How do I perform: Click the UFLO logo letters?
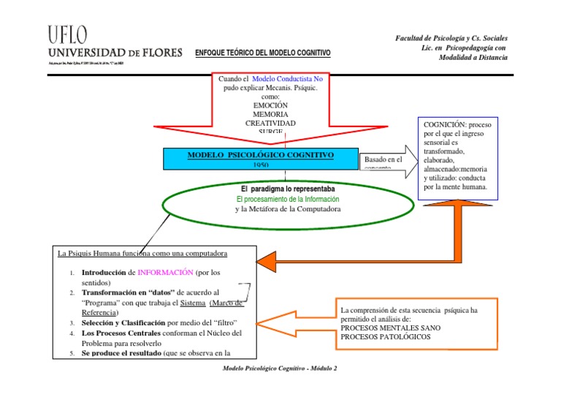click(x=67, y=35)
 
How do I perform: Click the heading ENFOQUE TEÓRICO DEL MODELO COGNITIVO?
click(x=263, y=53)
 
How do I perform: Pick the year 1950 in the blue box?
click(x=261, y=165)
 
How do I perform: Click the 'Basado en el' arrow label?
click(x=383, y=159)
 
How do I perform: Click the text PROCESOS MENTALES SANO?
click(x=390, y=328)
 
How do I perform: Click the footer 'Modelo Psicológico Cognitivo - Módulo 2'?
click(x=280, y=368)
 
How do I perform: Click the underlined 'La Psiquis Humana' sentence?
click(x=142, y=254)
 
